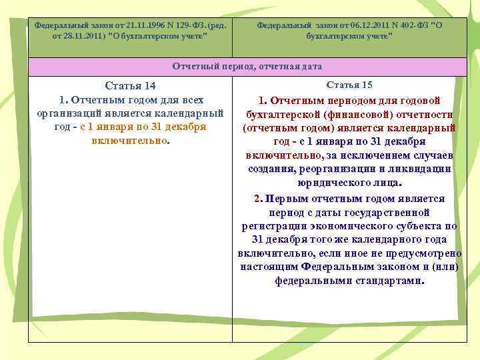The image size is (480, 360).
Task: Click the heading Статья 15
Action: [x=349, y=85]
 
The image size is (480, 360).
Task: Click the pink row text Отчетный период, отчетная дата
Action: [x=247, y=67]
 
